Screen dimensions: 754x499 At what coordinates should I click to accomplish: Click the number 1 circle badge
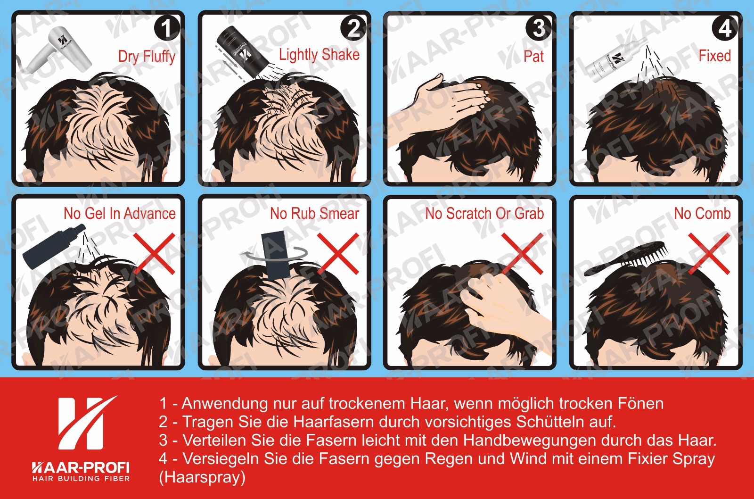pyautogui.click(x=167, y=28)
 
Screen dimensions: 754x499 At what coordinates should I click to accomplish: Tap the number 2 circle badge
pyautogui.click(x=353, y=28)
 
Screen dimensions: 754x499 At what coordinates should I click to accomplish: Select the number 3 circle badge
pyautogui.click(x=539, y=28)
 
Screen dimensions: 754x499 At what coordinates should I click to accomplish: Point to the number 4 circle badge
pyautogui.click(x=725, y=28)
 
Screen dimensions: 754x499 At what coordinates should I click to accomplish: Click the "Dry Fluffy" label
pyautogui.click(x=147, y=56)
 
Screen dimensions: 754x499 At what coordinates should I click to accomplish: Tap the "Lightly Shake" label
pyautogui.click(x=319, y=55)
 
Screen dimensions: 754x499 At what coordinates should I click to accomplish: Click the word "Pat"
pyautogui.click(x=533, y=56)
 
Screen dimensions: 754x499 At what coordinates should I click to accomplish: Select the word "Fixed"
pyautogui.click(x=714, y=56)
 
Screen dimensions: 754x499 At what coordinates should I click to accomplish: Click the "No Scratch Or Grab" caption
pyautogui.click(x=484, y=214)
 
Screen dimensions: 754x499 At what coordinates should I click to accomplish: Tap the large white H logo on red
pyautogui.click(x=86, y=423)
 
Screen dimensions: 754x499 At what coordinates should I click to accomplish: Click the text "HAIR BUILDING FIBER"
pyautogui.click(x=81, y=478)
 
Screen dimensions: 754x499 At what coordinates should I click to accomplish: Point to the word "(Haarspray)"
pyautogui.click(x=202, y=477)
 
